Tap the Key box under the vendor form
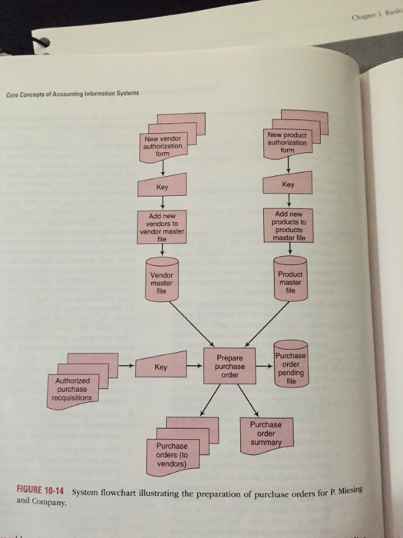pos(162,187)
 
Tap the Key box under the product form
pos(288,185)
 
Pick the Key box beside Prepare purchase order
pos(160,367)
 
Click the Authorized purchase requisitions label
pos(71,389)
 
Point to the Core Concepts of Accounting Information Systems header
pos(72,95)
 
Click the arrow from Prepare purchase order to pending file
pos(262,367)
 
